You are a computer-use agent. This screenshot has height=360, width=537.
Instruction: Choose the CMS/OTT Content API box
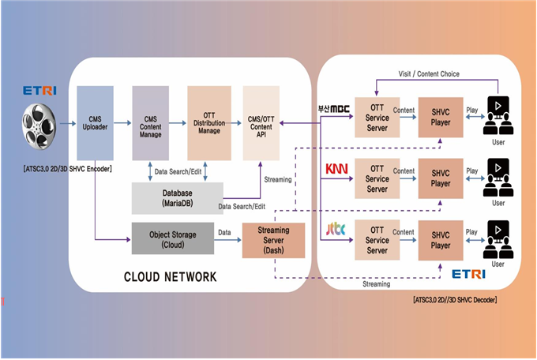[262, 124]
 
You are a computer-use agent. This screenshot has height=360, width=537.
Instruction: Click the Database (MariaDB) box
[176, 197]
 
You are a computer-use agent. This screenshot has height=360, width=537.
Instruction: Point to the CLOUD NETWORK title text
[170, 277]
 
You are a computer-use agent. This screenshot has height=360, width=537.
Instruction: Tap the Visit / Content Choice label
[430, 74]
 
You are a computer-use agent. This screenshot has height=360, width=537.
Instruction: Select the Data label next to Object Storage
[224, 233]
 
